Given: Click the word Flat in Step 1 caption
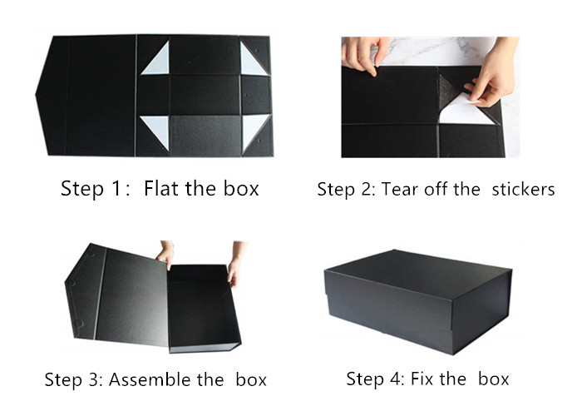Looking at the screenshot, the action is (x=162, y=188).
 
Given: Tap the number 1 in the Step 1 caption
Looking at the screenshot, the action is (x=116, y=189).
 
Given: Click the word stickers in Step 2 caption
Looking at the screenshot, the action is (x=523, y=189).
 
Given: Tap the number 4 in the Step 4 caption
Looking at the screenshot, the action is (x=396, y=379).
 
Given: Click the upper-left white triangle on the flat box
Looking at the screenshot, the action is (x=156, y=60).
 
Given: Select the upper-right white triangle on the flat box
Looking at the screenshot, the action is (x=253, y=60).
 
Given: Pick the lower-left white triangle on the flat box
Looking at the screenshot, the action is (x=156, y=131).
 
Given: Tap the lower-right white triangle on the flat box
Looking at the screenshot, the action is (x=254, y=131).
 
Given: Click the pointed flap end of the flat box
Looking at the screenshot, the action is (x=37, y=94).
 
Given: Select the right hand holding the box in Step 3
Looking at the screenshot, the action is (x=235, y=265).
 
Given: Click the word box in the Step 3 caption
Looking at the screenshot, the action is (x=251, y=379).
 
